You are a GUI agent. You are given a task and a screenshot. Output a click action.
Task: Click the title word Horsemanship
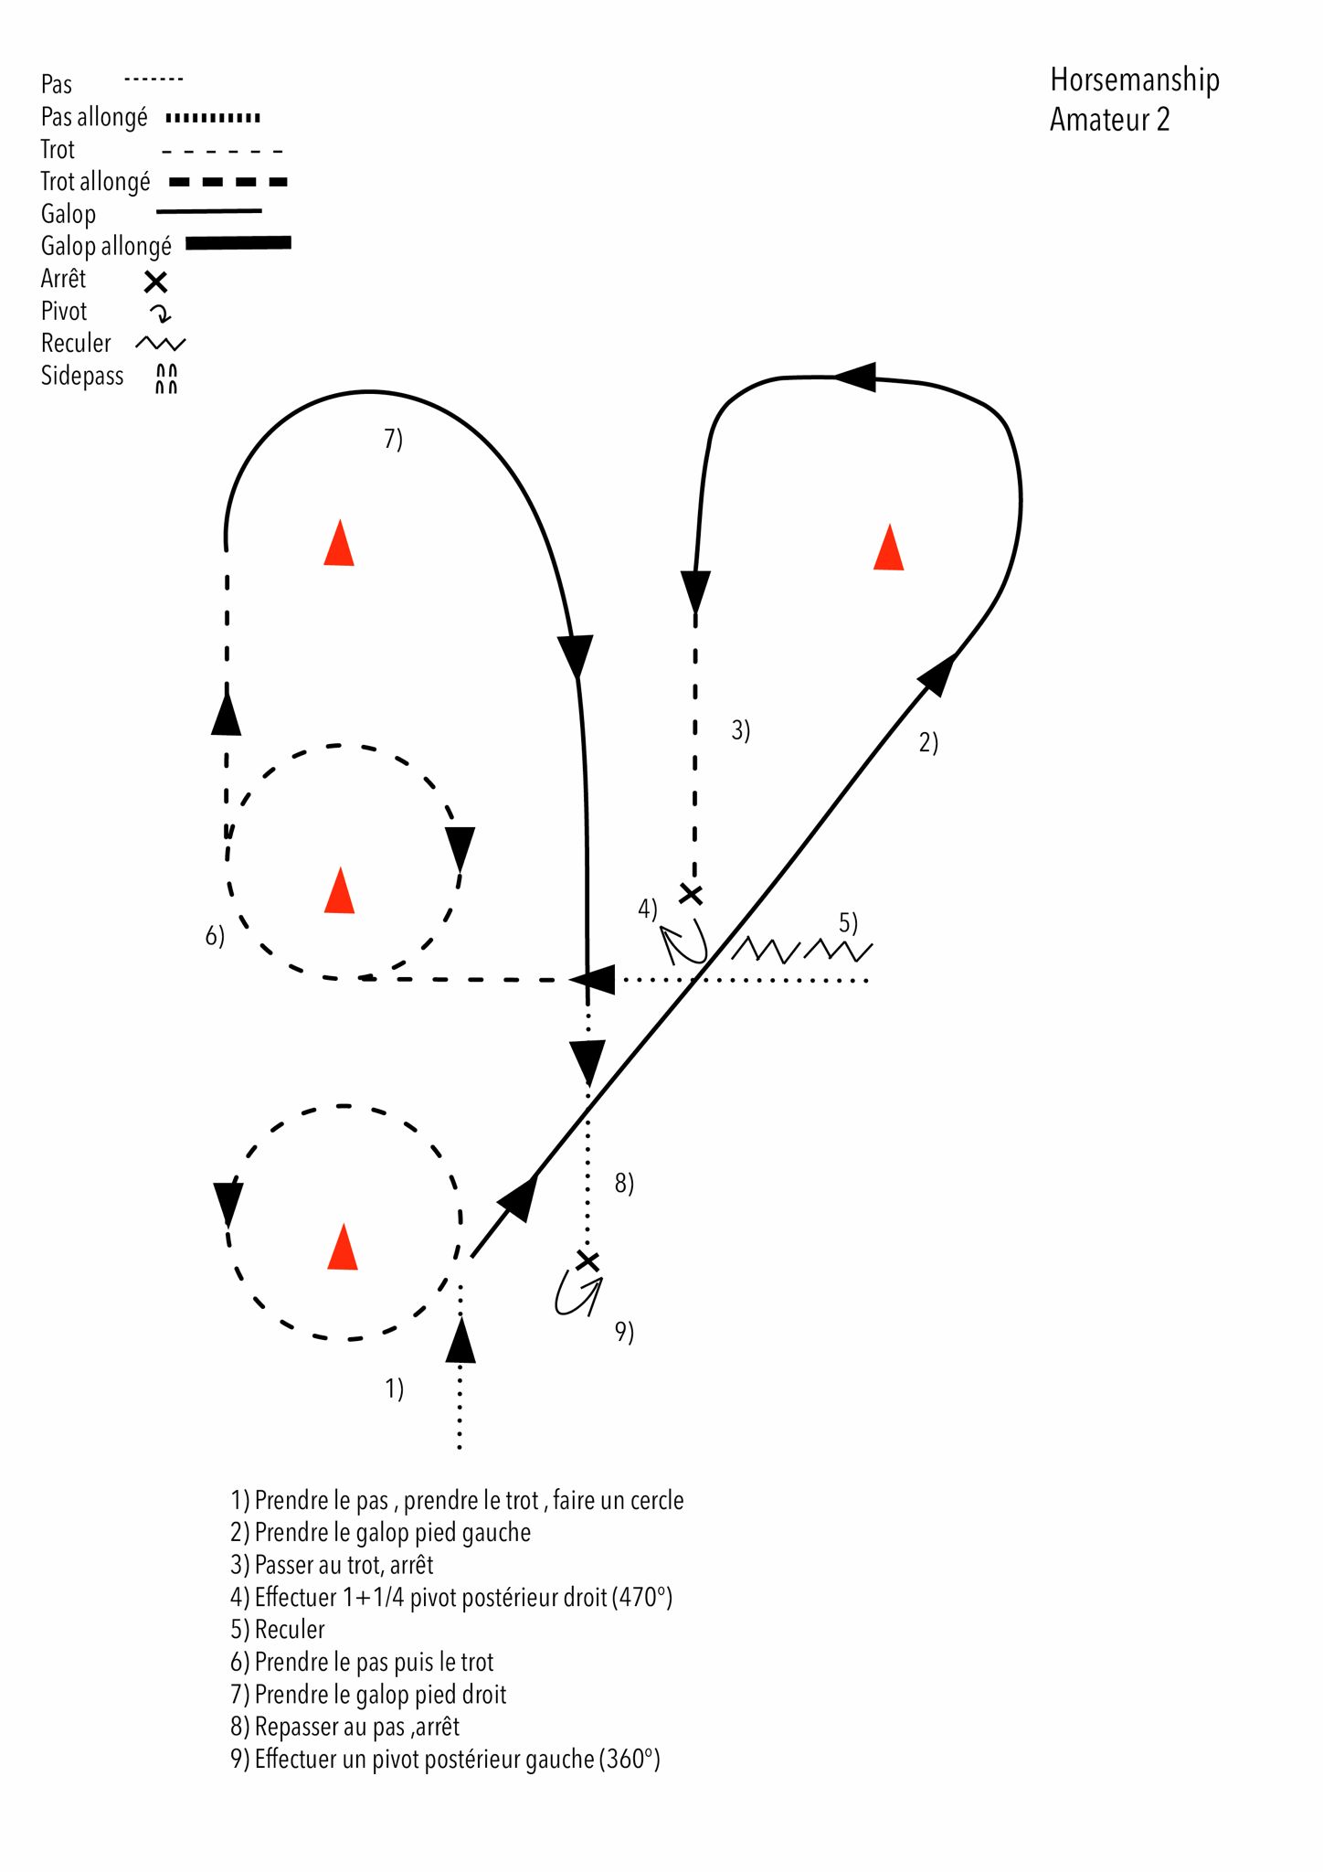[x=1134, y=81]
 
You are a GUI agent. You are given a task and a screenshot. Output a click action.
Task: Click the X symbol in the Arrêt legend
[x=156, y=282]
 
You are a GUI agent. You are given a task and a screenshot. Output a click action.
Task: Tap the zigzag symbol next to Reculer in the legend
[x=160, y=344]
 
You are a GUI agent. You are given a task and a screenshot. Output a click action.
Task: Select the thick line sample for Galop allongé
[x=238, y=243]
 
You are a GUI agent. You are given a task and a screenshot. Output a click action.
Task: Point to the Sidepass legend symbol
[x=165, y=378]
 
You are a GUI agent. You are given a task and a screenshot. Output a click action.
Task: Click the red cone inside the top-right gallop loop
[x=888, y=548]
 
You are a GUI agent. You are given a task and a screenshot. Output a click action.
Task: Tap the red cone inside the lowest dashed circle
[x=343, y=1248]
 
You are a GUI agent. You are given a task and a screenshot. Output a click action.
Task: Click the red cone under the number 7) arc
[x=339, y=544]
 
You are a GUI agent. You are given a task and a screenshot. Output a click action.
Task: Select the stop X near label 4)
[x=692, y=894]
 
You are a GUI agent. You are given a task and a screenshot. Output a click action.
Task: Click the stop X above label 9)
[x=587, y=1261]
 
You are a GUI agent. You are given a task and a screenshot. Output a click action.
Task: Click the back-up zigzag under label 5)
[x=801, y=951]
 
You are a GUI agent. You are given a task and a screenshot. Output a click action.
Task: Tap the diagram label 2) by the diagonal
[x=928, y=743]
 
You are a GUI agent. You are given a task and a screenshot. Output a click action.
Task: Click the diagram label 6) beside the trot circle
[x=215, y=936]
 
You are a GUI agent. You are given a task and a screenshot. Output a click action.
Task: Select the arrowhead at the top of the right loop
[x=856, y=377]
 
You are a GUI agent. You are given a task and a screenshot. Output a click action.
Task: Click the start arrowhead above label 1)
[x=460, y=1341]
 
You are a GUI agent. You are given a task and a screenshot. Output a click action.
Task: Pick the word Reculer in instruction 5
[x=290, y=1630]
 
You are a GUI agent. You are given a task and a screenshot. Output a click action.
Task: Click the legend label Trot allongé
[x=95, y=182]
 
